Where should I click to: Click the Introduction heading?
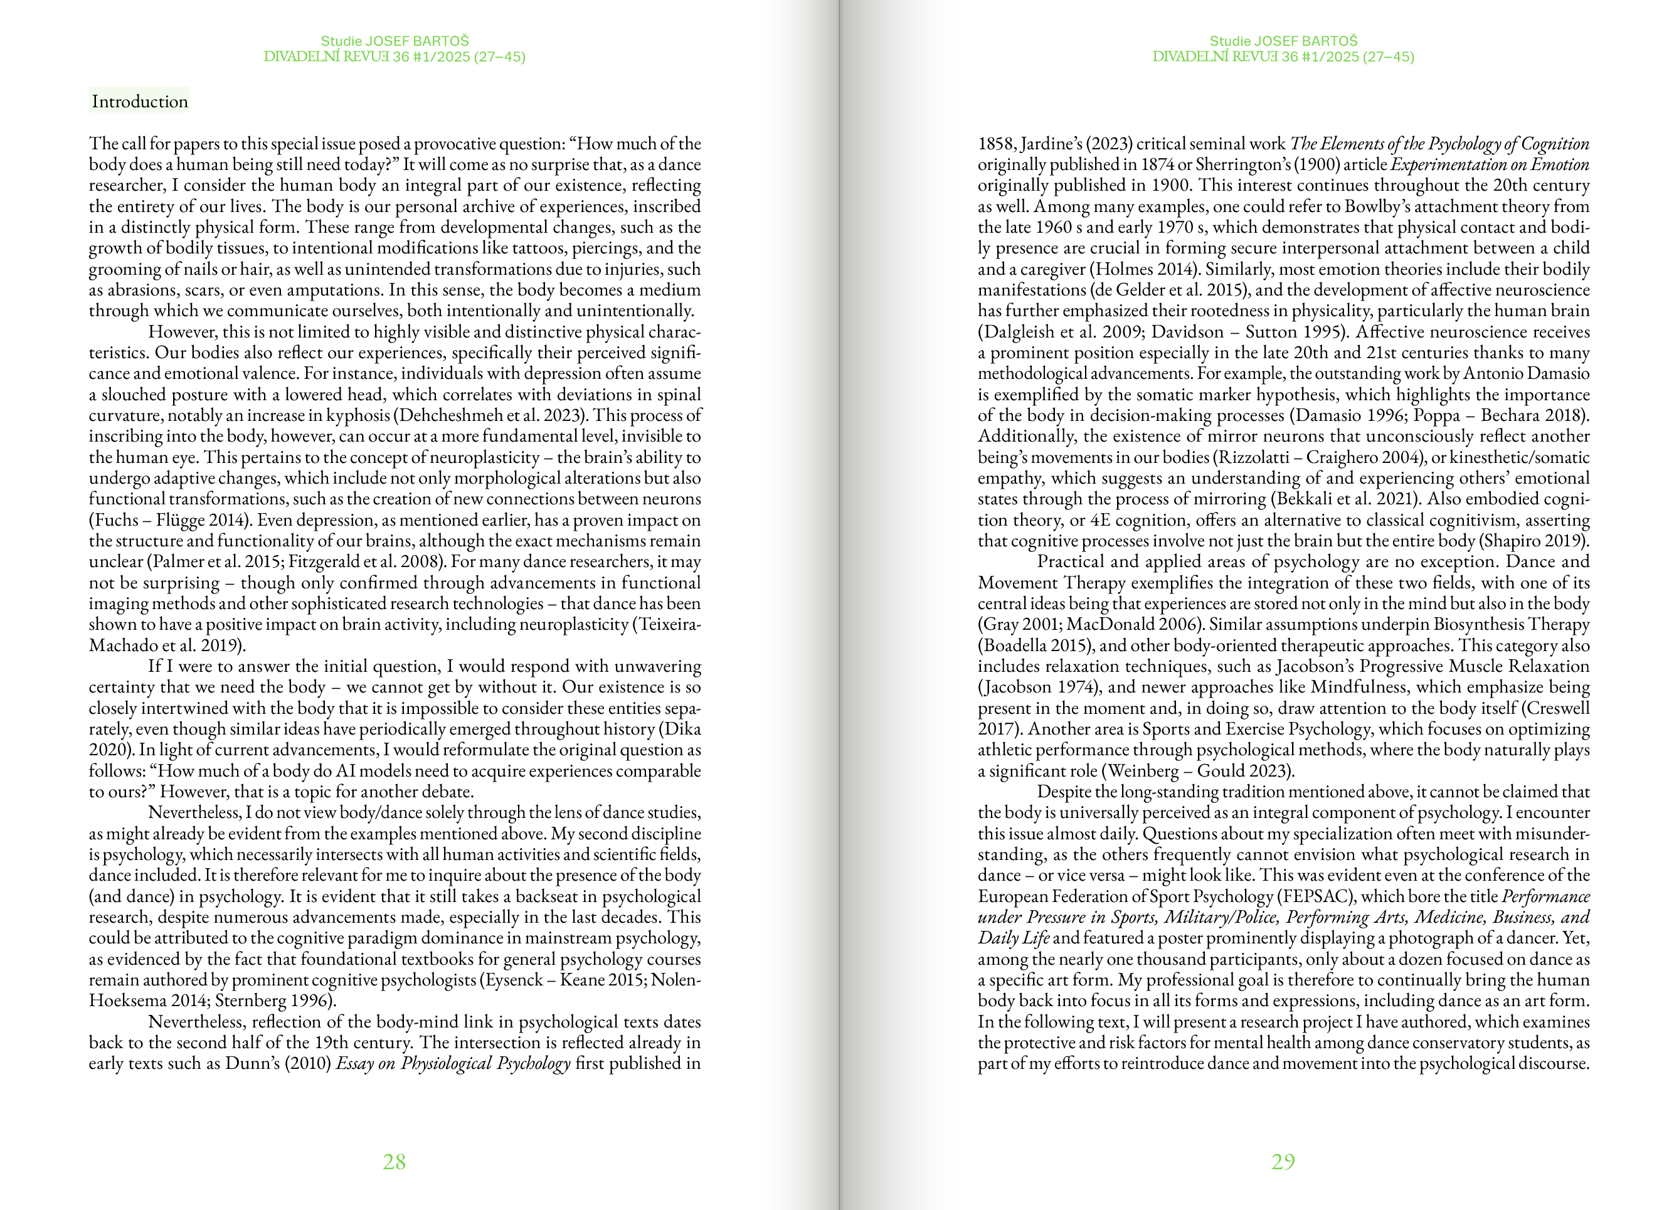[x=139, y=102]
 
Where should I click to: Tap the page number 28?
[x=394, y=1161]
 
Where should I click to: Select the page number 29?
[x=1283, y=1161]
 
